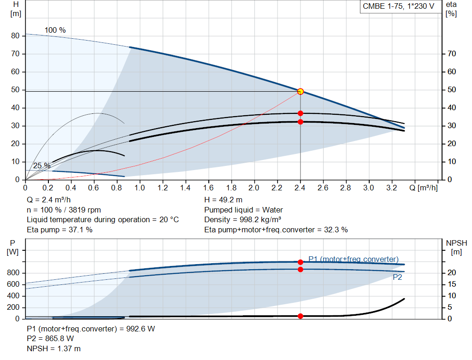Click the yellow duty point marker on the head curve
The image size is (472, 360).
click(300, 92)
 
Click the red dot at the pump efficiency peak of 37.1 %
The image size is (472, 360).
click(301, 113)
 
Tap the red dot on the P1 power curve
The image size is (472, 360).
click(301, 262)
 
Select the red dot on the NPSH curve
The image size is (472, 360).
click(301, 316)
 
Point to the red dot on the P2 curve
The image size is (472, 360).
click(301, 269)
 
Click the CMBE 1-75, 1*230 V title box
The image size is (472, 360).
click(399, 6)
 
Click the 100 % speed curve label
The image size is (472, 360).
click(55, 30)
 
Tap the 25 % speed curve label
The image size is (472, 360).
click(41, 165)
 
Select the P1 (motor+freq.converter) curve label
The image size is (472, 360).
click(354, 259)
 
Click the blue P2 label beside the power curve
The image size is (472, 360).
click(397, 277)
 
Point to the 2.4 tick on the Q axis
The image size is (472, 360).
click(300, 188)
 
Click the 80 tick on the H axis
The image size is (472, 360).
click(15, 36)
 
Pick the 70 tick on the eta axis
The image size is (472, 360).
click(452, 54)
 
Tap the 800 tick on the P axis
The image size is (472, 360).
click(13, 273)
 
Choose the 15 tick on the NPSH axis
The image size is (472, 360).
click(452, 284)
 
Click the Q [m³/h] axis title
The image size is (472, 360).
click(423, 188)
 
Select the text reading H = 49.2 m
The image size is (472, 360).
click(224, 200)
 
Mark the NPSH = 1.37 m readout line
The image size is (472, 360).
click(53, 348)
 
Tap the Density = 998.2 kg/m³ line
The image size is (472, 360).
click(242, 220)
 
